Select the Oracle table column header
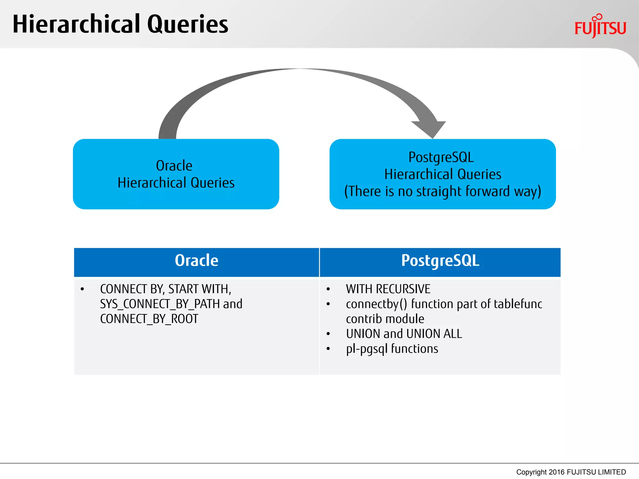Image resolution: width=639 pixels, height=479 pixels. point(197,261)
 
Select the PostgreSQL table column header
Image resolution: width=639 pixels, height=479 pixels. point(440,261)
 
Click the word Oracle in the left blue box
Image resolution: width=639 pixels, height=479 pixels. point(174,166)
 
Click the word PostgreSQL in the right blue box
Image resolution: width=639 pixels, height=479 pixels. point(441,157)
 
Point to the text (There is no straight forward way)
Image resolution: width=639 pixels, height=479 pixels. point(442,191)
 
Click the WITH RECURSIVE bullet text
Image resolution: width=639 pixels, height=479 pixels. point(388,289)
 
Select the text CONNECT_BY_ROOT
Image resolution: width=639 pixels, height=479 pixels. point(149,319)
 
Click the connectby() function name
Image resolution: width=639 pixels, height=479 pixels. point(376,304)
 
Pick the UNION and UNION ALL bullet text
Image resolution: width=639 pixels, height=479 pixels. point(404,334)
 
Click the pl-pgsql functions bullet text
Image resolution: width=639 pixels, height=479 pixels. point(392,349)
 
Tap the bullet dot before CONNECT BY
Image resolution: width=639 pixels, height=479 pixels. point(82,289)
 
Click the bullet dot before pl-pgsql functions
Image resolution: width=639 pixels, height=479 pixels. point(328,349)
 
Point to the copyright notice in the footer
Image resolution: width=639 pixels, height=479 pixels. point(571,472)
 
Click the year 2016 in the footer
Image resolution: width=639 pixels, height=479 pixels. point(556,472)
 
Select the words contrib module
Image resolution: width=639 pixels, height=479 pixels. point(385,319)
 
